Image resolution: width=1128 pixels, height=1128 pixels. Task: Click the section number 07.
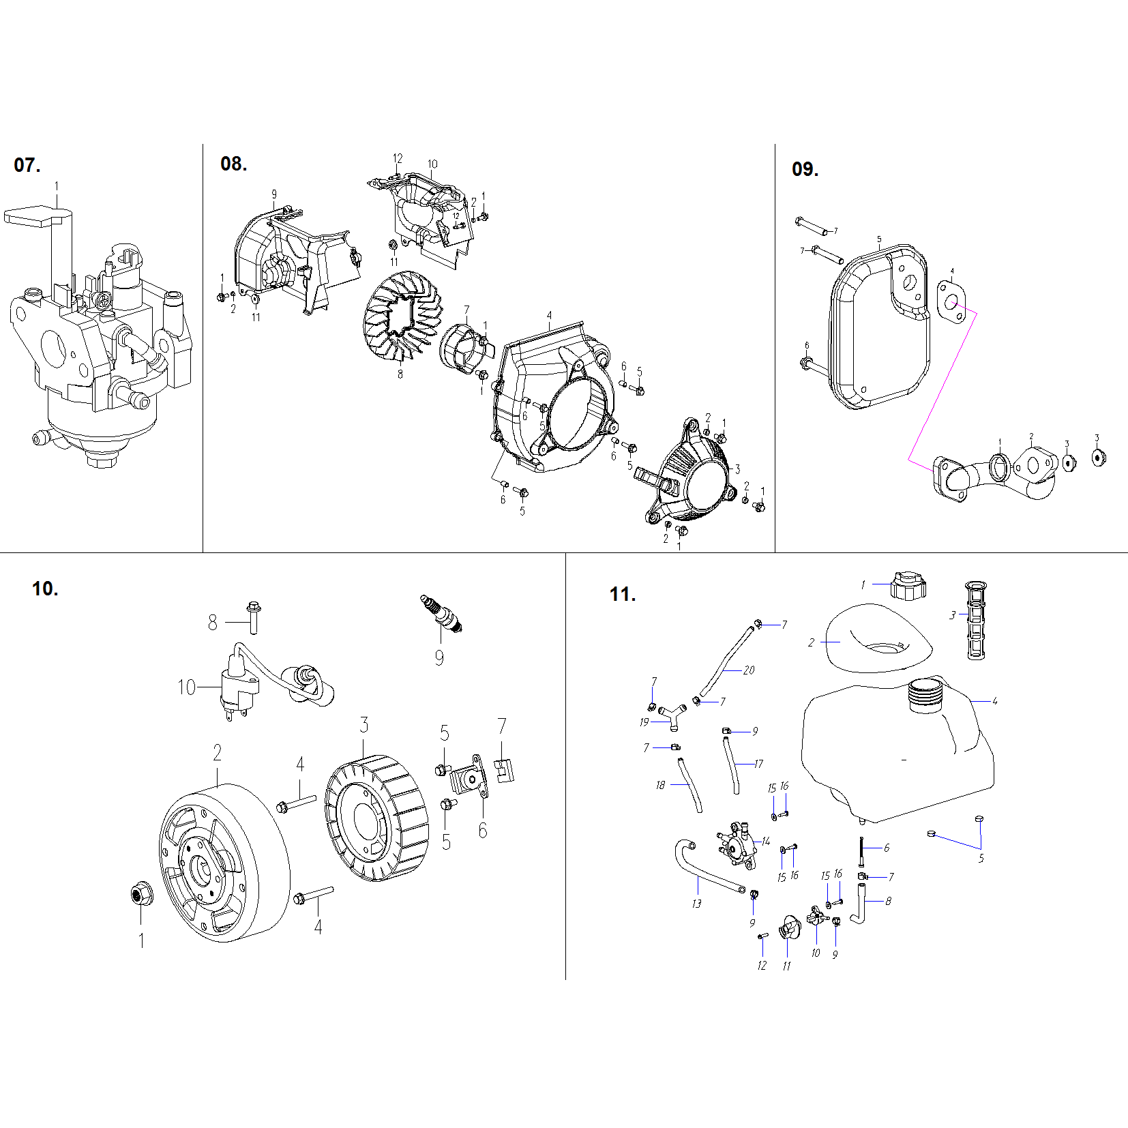click(27, 165)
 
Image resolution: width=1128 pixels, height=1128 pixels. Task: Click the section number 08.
click(233, 164)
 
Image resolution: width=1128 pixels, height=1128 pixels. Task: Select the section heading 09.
click(805, 169)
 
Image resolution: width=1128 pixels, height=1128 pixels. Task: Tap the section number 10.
click(45, 589)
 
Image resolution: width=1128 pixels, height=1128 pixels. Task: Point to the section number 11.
click(622, 594)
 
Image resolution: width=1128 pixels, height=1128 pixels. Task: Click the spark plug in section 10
click(442, 612)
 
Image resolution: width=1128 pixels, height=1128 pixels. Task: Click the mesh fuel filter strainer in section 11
click(977, 620)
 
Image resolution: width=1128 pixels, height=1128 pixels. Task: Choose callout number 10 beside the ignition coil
click(186, 687)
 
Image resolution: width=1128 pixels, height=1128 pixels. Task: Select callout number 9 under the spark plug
click(439, 657)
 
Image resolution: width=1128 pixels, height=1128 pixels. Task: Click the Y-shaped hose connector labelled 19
click(672, 715)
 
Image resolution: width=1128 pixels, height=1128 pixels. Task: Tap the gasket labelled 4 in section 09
click(951, 299)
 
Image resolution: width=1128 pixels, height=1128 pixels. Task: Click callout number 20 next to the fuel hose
click(749, 670)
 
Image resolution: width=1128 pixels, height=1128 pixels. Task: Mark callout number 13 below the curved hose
click(696, 904)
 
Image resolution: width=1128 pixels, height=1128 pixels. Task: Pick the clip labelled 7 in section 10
click(504, 769)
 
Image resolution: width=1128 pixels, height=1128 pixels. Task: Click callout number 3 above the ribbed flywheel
click(364, 725)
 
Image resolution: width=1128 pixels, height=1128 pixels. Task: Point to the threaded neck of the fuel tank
click(926, 696)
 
